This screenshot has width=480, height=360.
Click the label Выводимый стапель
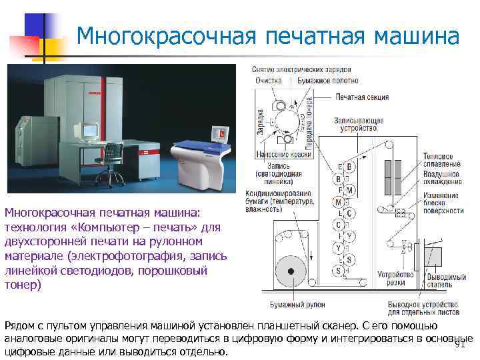pyautogui.click(x=443, y=278)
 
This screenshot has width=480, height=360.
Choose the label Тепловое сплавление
pyautogui.click(x=441, y=160)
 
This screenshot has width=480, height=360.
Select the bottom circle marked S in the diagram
pyautogui.click(x=339, y=271)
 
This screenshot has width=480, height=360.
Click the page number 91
pyautogui.click(x=459, y=344)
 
